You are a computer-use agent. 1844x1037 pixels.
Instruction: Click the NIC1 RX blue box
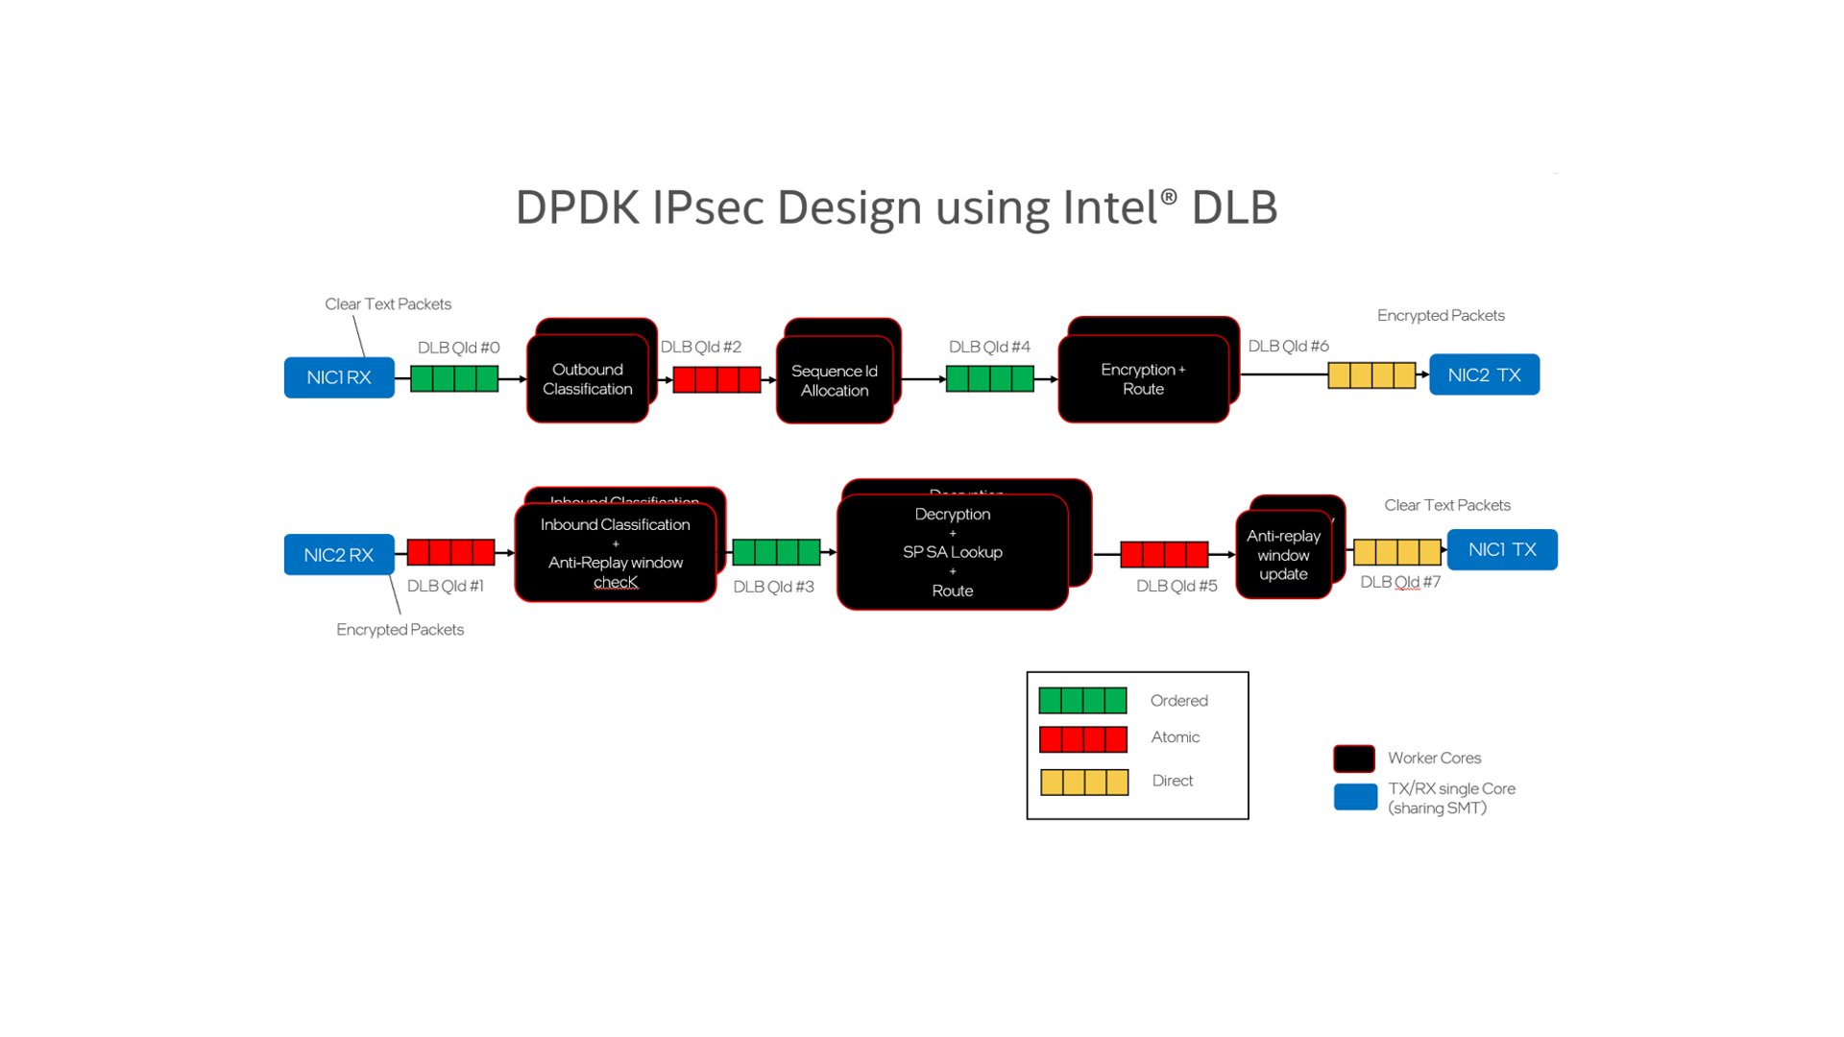(x=339, y=377)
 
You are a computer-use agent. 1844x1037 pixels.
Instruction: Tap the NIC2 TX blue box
(x=1484, y=374)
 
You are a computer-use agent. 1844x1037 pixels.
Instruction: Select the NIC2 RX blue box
(x=338, y=555)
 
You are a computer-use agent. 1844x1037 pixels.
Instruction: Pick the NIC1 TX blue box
(x=1502, y=549)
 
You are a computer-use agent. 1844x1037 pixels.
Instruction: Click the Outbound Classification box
(x=587, y=379)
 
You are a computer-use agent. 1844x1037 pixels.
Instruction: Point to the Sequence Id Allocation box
(x=834, y=380)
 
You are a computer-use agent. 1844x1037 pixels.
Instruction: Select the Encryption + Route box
(x=1143, y=379)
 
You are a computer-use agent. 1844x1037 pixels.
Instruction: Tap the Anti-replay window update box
(x=1283, y=555)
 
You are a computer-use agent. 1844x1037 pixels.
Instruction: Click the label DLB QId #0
(x=458, y=348)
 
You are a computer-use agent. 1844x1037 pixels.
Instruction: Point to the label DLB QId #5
(x=1177, y=586)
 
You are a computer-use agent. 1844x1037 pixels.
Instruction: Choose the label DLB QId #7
(x=1400, y=582)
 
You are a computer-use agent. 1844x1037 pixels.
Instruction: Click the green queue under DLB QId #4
(x=989, y=379)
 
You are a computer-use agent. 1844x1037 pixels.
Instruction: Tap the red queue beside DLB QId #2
(x=716, y=380)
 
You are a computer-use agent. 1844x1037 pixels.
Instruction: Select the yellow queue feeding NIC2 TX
(x=1371, y=375)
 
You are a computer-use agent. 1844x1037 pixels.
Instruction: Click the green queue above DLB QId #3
(x=776, y=552)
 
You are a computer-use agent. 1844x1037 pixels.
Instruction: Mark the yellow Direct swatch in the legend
(x=1084, y=783)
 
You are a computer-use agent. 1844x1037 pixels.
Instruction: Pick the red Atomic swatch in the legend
(x=1082, y=739)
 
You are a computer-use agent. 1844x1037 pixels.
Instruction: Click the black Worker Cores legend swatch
(x=1353, y=759)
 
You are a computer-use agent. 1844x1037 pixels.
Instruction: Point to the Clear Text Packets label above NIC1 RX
(x=387, y=304)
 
